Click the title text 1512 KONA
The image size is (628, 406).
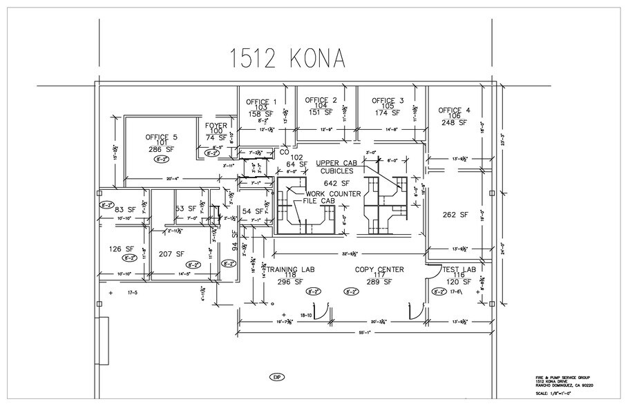coord(287,60)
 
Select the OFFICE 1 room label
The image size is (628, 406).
coord(261,101)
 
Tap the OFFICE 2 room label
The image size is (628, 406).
coord(321,100)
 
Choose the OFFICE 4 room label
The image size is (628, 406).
coord(454,110)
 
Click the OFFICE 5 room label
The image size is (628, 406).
coord(161,136)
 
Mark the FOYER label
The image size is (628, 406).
coord(216,126)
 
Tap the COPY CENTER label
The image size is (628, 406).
coord(379,269)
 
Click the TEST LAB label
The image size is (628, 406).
coord(458,269)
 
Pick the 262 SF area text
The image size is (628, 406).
coord(456,215)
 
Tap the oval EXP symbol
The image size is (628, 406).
coord(276,377)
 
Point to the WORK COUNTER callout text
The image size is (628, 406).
coord(333,194)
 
